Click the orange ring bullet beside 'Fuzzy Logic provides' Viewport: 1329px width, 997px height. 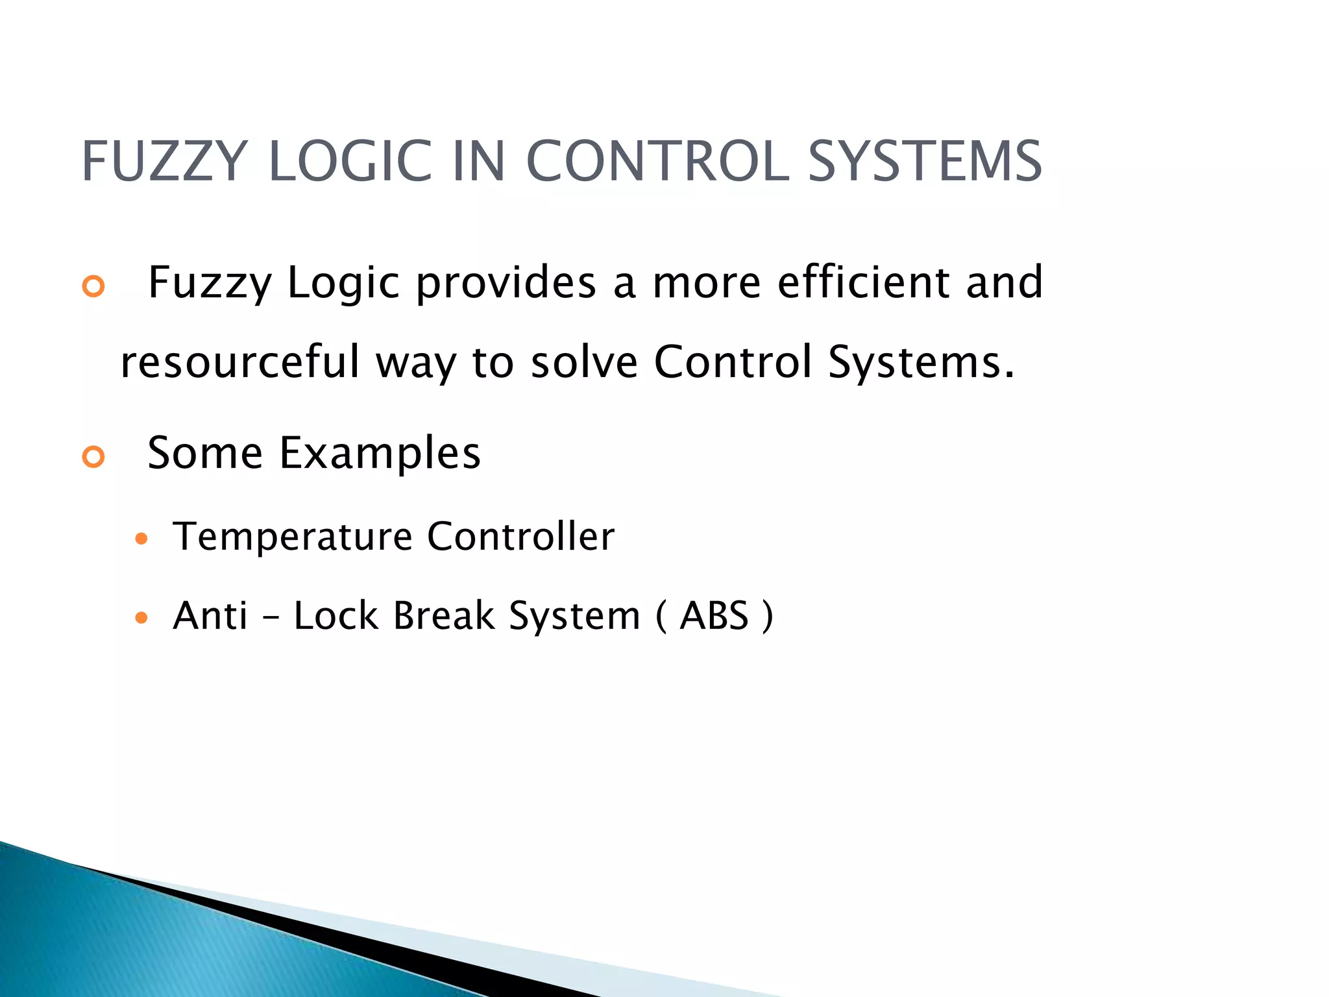(x=94, y=286)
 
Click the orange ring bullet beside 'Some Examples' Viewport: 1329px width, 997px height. (x=94, y=457)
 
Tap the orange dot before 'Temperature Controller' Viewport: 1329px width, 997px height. (x=141, y=539)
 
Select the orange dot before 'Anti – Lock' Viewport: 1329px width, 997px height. (x=141, y=617)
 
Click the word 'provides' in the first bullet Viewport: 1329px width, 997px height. (x=506, y=283)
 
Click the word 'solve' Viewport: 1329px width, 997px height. (x=584, y=362)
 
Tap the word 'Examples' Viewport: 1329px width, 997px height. (x=380, y=453)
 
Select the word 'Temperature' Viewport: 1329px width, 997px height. (x=293, y=537)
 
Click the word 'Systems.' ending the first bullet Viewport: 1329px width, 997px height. (x=921, y=362)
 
